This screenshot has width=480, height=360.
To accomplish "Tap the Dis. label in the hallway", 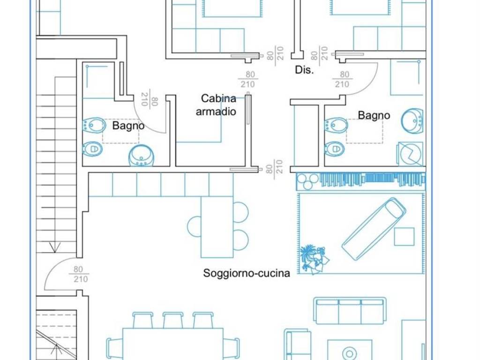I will [304, 70].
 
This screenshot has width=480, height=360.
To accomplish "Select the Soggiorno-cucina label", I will [247, 273].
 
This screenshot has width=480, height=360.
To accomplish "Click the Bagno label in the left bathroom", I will [128, 126].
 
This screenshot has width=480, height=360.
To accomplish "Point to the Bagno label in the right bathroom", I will [374, 115].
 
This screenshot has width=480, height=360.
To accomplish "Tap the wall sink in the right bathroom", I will [412, 119].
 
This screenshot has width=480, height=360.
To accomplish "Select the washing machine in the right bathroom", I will [411, 153].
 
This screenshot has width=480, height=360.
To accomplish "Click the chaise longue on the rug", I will [374, 228].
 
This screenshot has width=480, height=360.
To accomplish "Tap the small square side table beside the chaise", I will [404, 236].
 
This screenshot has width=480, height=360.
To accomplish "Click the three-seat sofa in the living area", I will [350, 310].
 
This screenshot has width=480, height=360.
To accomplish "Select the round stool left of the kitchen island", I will [194, 226].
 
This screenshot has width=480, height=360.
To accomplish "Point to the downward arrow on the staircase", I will [56, 247].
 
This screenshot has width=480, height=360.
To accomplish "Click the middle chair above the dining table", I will [172, 320].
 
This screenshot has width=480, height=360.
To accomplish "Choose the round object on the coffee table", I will [349, 352].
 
